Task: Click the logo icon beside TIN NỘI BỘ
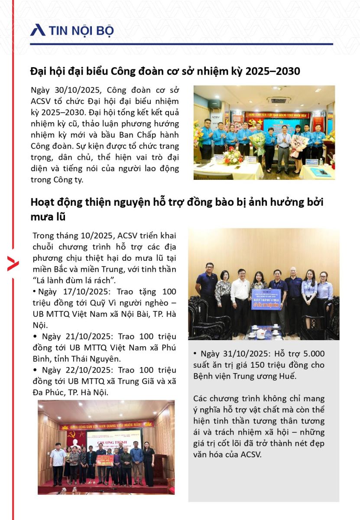(38, 30)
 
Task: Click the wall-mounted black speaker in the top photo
(214, 104)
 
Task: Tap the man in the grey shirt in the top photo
(284, 145)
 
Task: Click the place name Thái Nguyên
(103, 359)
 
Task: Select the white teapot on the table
(261, 333)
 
